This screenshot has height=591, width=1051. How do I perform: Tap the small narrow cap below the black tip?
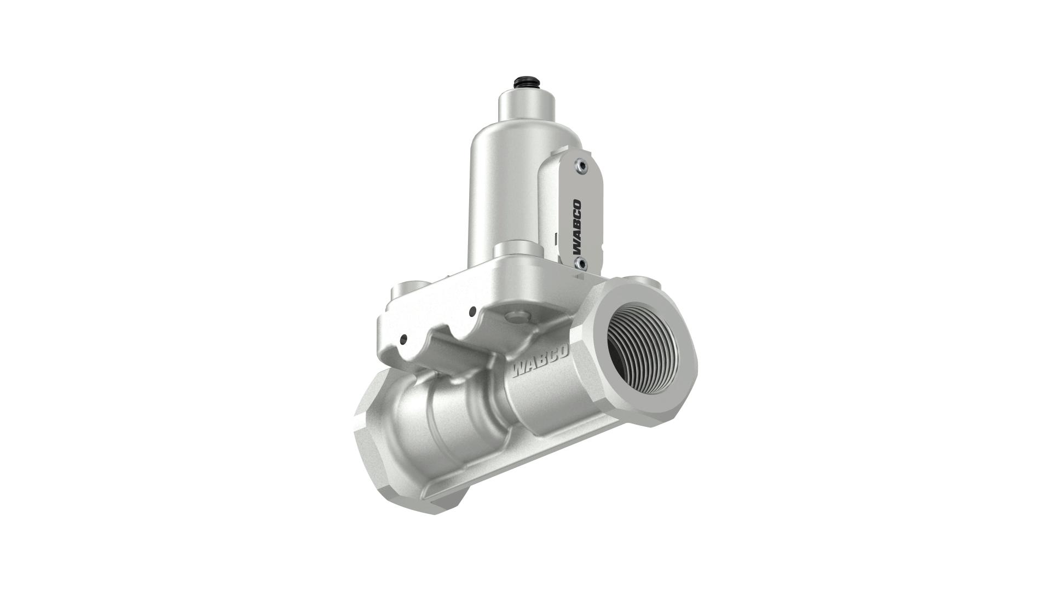[x=526, y=106]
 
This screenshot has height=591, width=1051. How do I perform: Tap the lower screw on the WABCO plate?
[x=581, y=264]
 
